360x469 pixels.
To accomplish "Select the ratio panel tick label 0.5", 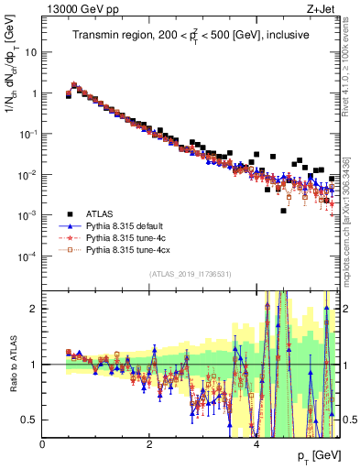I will point(29,420).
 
